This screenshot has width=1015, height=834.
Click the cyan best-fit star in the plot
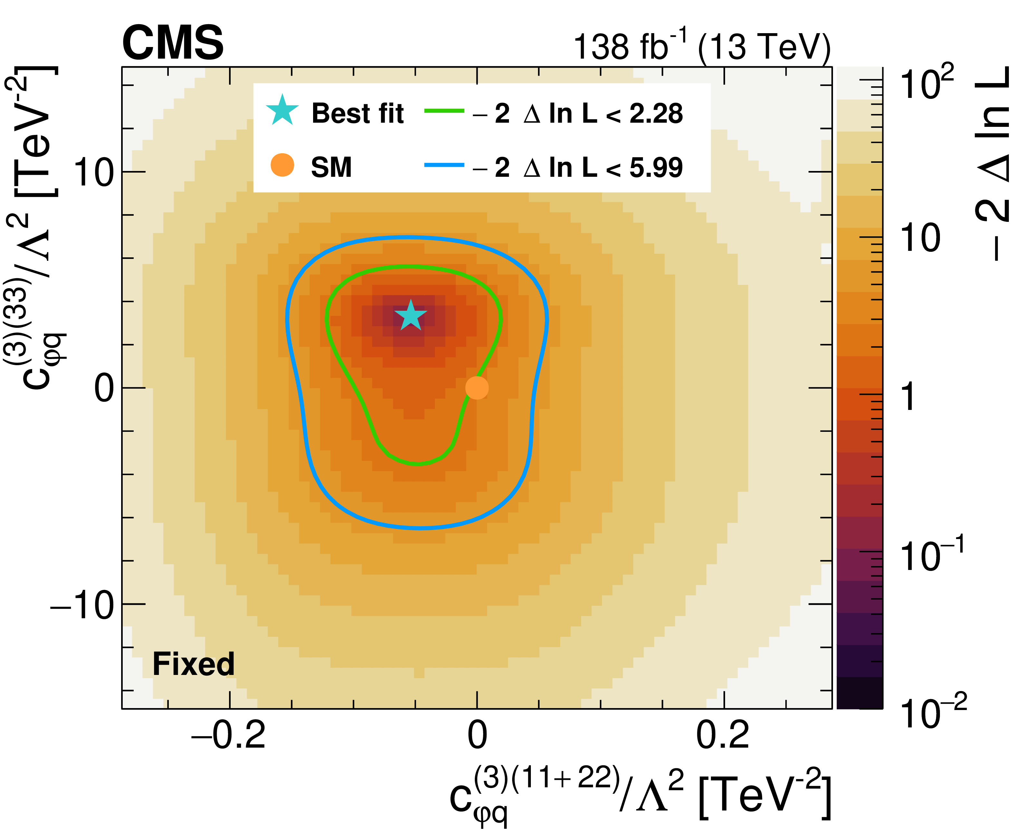tap(410, 316)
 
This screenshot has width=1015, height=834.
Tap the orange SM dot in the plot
tap(477, 388)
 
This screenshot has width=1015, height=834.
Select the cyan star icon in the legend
tap(282, 110)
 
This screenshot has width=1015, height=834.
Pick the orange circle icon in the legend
tap(282, 165)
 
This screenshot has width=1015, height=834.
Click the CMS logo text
tap(173, 43)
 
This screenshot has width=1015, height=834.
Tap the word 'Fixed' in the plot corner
tap(193, 664)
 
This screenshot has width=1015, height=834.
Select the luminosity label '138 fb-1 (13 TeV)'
tap(702, 47)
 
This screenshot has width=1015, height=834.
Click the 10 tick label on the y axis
tap(94, 173)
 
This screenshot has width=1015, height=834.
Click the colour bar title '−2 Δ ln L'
tap(992, 163)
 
